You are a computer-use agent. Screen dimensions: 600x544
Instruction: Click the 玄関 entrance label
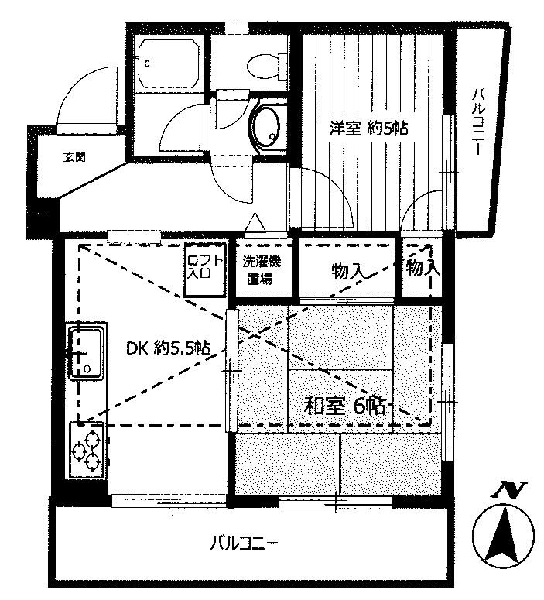[x=74, y=156]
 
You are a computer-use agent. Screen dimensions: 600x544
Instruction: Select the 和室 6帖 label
[x=344, y=406]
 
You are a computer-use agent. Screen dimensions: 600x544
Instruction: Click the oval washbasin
[x=266, y=128]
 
